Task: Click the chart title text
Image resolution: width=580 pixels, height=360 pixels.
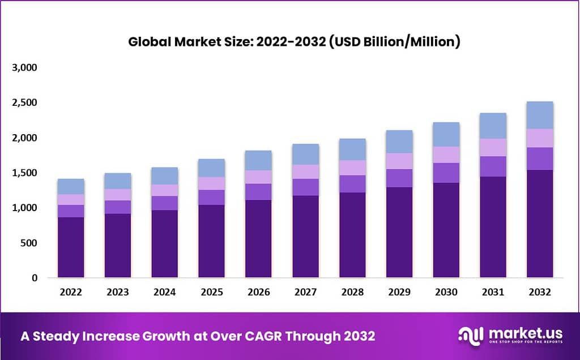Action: (293, 42)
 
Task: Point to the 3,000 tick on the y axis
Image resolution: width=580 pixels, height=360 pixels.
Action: (24, 68)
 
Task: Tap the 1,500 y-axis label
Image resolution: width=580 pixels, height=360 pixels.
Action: (24, 173)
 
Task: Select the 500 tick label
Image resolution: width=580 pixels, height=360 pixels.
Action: (28, 243)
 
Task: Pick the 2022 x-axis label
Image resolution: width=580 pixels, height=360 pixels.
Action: (71, 293)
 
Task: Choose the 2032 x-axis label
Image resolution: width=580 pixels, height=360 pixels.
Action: (540, 293)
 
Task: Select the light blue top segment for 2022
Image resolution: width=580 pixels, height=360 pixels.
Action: (71, 186)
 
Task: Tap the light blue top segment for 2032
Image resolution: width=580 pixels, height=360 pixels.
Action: (540, 115)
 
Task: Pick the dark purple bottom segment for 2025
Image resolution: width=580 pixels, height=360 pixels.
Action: (211, 241)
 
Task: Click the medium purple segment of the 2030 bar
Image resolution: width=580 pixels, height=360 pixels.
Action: (446, 173)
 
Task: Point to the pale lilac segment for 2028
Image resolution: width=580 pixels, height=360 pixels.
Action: (352, 168)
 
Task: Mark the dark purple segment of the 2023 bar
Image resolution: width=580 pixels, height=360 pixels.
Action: (118, 246)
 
